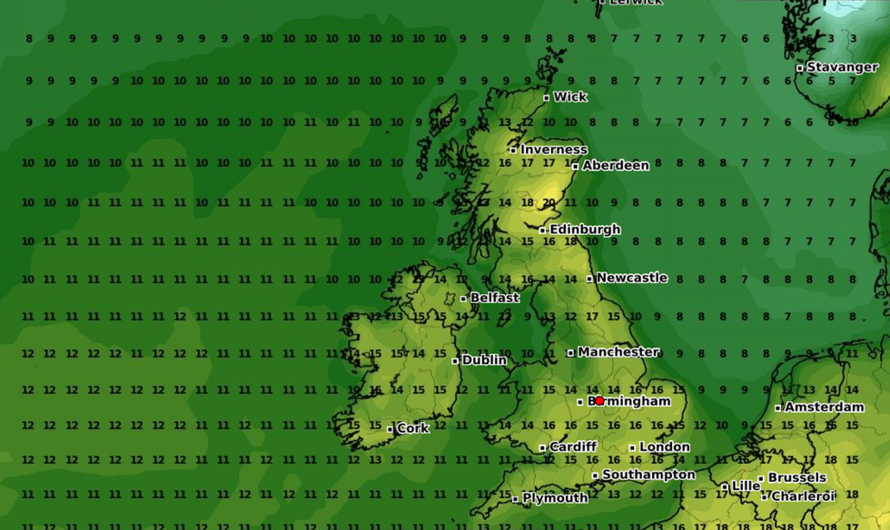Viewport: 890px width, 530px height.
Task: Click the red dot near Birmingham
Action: click(599, 400)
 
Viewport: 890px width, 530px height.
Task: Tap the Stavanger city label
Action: click(842, 67)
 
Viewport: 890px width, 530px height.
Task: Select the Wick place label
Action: click(569, 97)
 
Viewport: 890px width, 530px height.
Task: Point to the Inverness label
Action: click(553, 150)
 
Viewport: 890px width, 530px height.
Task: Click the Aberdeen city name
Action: click(615, 165)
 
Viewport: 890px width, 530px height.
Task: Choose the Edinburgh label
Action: click(584, 230)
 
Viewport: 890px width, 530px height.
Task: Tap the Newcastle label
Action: click(631, 278)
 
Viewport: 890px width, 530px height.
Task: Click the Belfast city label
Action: click(494, 298)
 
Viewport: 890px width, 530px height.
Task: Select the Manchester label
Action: click(618, 352)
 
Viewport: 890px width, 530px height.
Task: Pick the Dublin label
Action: click(484, 360)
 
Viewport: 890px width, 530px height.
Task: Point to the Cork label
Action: click(412, 428)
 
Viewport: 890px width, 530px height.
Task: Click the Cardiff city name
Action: click(572, 447)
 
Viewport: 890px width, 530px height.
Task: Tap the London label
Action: click(664, 447)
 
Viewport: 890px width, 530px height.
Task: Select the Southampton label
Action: click(648, 475)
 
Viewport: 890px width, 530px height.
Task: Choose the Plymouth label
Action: click(554, 497)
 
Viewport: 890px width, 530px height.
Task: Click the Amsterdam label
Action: click(824, 407)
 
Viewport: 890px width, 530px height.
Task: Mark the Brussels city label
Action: click(796, 477)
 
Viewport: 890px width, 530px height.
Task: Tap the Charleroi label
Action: click(802, 496)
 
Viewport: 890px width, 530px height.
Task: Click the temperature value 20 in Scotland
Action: click(549, 202)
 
